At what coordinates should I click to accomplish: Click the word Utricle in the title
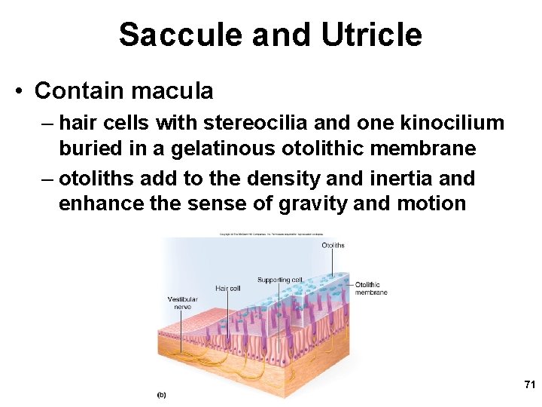point(371,35)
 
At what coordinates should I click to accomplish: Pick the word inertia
point(389,179)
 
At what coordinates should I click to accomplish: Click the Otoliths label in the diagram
point(333,246)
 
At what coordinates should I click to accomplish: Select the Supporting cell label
point(280,280)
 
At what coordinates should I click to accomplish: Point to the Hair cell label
point(227,288)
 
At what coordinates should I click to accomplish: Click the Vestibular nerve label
point(182,303)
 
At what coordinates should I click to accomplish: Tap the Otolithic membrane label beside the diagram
point(371,289)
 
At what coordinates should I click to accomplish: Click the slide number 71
point(529,385)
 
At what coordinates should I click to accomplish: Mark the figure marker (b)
point(161,394)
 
